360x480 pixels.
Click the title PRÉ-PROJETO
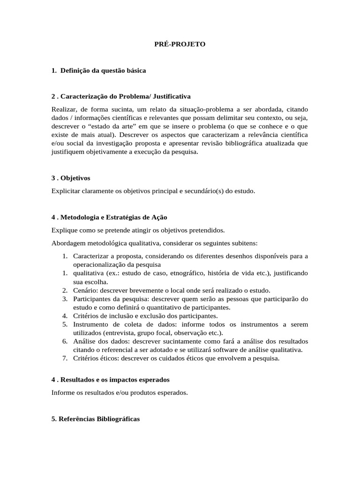pos(180,45)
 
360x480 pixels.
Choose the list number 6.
pos(65,342)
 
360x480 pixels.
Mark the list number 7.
pos(65,359)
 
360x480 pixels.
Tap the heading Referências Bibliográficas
pos(96,419)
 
